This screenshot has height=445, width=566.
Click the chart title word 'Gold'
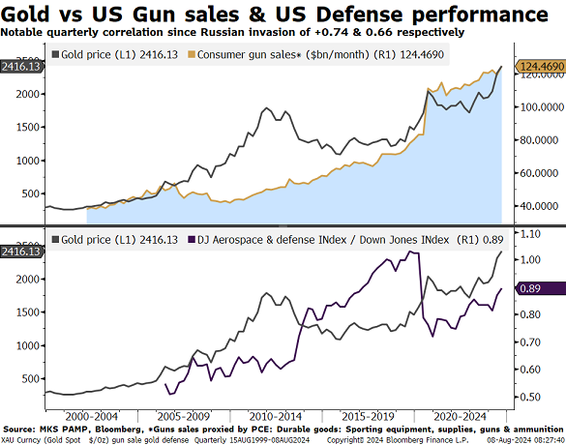[28, 15]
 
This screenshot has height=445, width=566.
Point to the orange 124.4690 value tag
[540, 66]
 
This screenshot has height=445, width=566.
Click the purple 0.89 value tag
[538, 288]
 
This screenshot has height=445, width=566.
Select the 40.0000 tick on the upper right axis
[538, 206]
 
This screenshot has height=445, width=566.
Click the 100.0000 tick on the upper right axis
[538, 107]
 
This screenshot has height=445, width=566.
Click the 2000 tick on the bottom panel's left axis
[27, 279]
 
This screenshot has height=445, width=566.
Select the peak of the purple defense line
[410, 252]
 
